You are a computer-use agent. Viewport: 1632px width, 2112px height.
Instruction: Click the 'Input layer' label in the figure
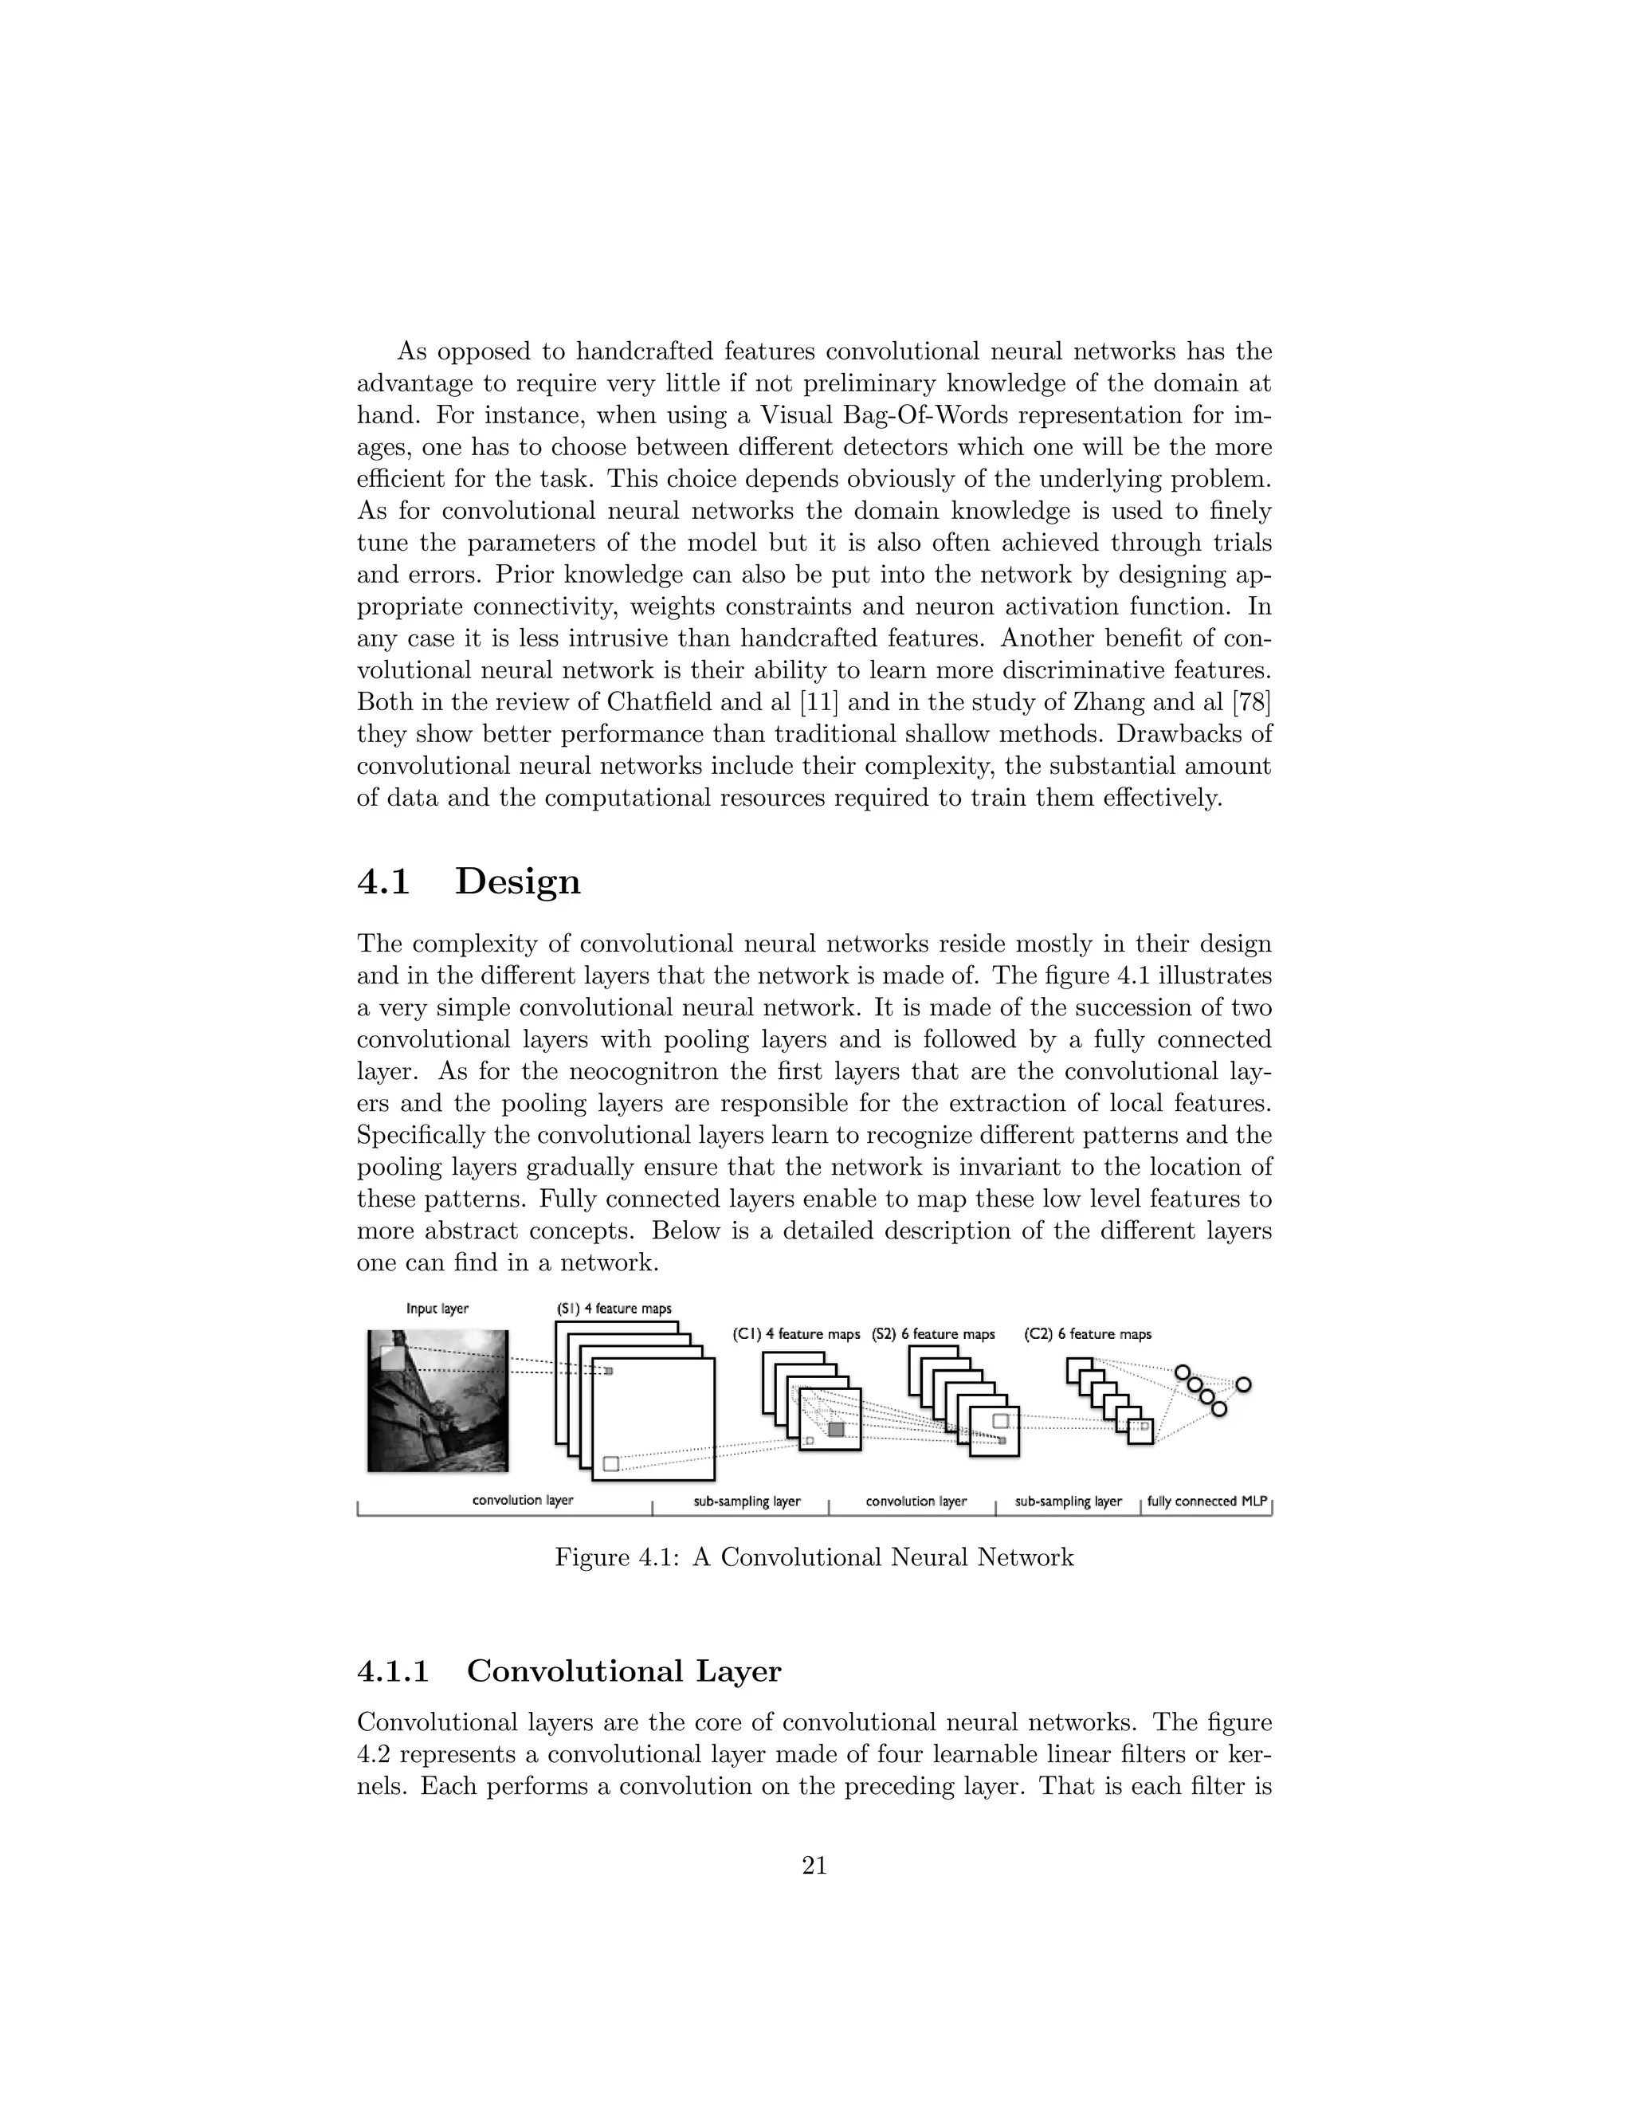tap(437, 1309)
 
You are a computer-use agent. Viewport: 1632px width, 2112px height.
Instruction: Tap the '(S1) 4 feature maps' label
tap(613, 1309)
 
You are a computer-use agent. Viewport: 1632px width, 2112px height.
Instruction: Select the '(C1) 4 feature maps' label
tap(796, 1333)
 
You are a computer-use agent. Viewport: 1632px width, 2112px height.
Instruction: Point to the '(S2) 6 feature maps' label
tap(933, 1333)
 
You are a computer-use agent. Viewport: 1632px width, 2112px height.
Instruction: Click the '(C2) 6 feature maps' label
tap(1088, 1333)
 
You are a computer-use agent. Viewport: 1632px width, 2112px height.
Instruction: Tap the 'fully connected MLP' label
tap(1206, 1501)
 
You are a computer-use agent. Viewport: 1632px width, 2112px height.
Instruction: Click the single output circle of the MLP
tap(1243, 1385)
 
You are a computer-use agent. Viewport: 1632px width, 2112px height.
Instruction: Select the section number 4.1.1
tap(393, 1671)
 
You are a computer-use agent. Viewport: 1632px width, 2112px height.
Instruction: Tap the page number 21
tap(814, 1866)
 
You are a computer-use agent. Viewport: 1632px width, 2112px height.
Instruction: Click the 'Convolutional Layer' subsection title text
tap(624, 1671)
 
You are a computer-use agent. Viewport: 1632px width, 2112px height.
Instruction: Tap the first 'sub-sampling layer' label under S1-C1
tap(747, 1501)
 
